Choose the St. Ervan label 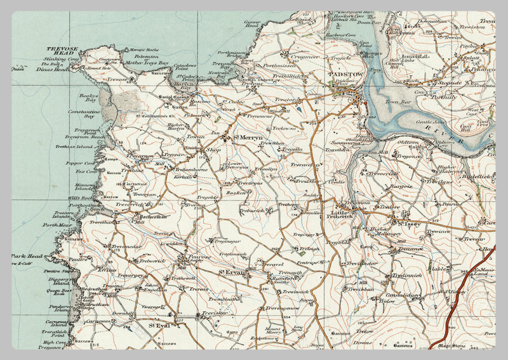coord(231,272)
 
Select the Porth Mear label coord(53,225)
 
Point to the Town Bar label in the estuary coord(398,102)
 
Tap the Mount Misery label coord(272,331)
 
